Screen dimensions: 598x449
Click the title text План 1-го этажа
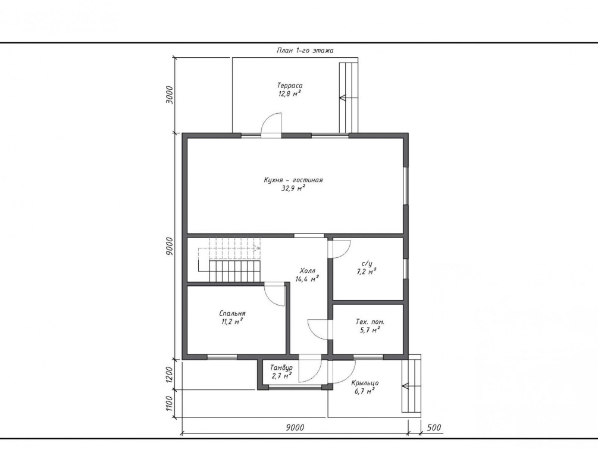point(305,51)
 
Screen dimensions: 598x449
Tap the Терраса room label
point(290,86)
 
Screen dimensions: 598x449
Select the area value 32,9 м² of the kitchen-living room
point(293,188)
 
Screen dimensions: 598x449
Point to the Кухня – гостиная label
point(293,180)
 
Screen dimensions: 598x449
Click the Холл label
point(308,271)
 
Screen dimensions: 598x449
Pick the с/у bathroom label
point(367,263)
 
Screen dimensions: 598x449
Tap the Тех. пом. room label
point(370,322)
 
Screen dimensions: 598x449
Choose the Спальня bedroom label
point(232,313)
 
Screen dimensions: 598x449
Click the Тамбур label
point(281,367)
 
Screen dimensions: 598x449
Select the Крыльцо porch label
point(365,382)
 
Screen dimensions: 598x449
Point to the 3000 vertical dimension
point(170,95)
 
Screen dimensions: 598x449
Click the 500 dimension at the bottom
point(433,427)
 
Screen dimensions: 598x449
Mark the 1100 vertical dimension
point(170,404)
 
